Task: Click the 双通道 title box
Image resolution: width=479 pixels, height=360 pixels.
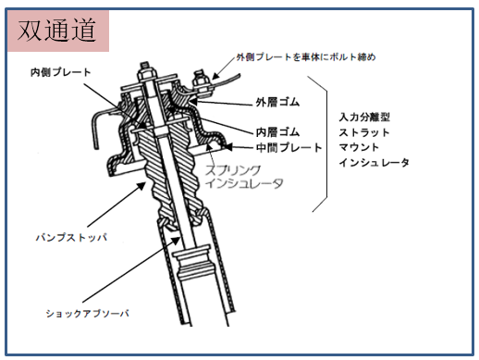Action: tap(58, 31)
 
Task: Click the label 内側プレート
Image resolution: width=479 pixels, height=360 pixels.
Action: tap(61, 72)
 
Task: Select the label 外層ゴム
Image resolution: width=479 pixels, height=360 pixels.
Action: tap(277, 102)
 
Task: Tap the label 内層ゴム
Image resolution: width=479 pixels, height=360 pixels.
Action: tap(277, 132)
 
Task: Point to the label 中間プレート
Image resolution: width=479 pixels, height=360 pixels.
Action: tap(289, 147)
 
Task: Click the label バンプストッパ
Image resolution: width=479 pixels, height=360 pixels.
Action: tap(71, 238)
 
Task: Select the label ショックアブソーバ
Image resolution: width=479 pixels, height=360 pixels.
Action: tap(87, 314)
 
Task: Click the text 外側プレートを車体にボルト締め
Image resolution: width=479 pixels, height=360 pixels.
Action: tap(306, 57)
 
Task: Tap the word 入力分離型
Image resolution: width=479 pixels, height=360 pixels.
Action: tap(364, 118)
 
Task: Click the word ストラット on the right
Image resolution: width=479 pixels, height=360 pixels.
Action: tap(364, 132)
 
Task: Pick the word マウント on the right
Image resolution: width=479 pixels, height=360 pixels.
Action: tap(359, 147)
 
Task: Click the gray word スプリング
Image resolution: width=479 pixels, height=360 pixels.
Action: tap(233, 170)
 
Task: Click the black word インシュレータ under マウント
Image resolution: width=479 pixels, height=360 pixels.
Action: tap(375, 162)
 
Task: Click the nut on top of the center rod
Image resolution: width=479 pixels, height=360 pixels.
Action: tap(145, 74)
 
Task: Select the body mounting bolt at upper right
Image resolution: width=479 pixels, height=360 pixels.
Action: tap(201, 82)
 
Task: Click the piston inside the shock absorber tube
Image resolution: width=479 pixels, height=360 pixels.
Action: tap(192, 263)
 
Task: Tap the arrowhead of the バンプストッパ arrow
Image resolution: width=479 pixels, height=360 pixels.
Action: tap(141, 186)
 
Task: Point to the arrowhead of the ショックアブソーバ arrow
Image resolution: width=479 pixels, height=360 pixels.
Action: tap(176, 241)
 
